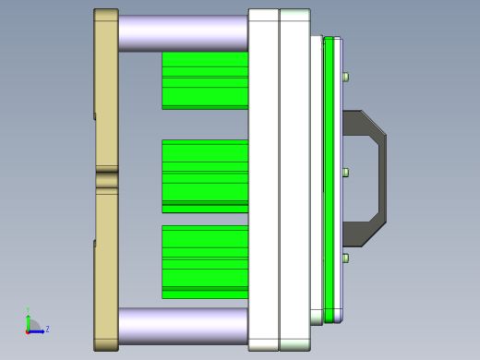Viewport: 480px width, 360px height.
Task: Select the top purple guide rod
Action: (x=183, y=33)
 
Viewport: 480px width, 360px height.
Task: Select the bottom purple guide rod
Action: (x=183, y=326)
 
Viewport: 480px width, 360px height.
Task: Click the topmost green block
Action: (x=204, y=80)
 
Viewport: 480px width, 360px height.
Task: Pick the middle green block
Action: (x=204, y=175)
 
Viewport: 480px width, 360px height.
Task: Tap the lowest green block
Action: (x=204, y=261)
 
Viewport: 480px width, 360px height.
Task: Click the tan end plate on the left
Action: (x=106, y=92)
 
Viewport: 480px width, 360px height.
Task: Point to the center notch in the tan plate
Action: (x=106, y=180)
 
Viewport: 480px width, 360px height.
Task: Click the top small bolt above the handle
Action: (x=345, y=78)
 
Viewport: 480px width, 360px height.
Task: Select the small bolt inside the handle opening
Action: (x=345, y=173)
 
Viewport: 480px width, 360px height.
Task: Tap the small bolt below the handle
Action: (x=345, y=259)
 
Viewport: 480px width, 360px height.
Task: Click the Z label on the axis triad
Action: (x=47, y=329)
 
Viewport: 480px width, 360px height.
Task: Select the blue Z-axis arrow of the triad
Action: (x=39, y=330)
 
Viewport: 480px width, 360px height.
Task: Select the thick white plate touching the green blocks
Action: (x=263, y=180)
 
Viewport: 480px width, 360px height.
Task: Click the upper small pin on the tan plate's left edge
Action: (x=94, y=116)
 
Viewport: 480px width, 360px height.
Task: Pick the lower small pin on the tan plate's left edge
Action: (x=94, y=244)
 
